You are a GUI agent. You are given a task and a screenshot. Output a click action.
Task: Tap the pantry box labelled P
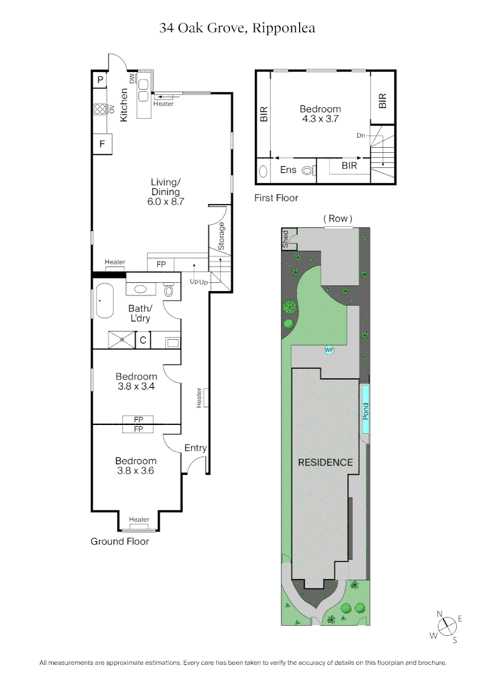point(100,80)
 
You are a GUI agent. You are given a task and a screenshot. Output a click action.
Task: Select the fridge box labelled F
point(102,144)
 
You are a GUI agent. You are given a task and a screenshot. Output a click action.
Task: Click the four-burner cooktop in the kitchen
point(100,109)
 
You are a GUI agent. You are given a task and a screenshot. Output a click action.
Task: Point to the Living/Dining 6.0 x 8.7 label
point(165,192)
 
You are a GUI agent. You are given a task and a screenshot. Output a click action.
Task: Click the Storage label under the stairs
point(221,236)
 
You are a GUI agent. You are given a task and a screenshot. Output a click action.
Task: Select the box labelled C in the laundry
point(143,340)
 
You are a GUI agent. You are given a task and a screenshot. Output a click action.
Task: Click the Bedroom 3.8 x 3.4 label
point(136,382)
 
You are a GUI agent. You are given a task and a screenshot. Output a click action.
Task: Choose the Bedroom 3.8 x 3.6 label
point(136,466)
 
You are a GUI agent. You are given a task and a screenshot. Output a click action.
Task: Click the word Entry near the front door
point(196,448)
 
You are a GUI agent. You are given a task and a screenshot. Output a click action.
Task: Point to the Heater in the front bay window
point(139,520)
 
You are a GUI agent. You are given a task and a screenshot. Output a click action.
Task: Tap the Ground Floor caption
point(120,541)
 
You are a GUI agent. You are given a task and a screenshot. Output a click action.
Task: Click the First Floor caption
point(276,198)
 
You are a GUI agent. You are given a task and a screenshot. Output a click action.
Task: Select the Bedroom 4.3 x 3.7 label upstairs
point(320,114)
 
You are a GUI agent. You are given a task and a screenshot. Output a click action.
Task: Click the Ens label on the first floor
point(288,170)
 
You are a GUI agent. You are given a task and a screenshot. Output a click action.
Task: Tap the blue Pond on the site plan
point(365,411)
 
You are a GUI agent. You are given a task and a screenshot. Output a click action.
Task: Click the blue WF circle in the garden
point(329,349)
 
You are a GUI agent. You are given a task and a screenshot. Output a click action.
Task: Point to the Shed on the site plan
point(285,239)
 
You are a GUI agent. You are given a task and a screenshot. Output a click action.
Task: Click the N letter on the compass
point(440,613)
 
